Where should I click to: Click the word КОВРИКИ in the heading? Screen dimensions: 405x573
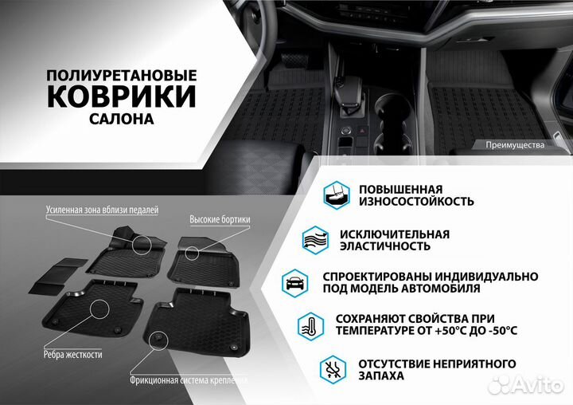click(121, 96)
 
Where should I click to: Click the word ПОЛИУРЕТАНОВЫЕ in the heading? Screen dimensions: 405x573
click(121, 73)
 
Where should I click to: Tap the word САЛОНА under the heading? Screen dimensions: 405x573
click(121, 119)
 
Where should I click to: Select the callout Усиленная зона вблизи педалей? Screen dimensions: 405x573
click(102, 210)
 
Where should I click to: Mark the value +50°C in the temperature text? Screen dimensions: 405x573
click(442, 331)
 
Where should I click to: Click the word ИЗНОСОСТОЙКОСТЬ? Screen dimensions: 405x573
click(405, 201)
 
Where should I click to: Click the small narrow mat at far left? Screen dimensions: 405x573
click(52, 273)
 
